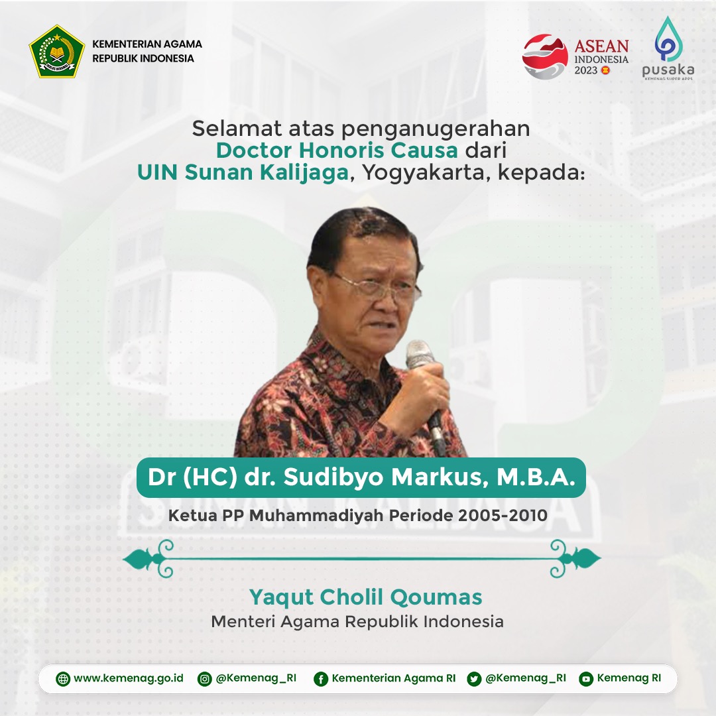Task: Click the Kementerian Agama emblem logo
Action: [x=57, y=51]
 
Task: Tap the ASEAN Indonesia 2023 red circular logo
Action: [x=545, y=57]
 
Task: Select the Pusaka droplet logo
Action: [x=667, y=40]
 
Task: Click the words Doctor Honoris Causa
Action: [x=337, y=150]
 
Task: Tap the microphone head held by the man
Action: [x=419, y=354]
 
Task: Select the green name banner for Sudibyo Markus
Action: [x=361, y=478]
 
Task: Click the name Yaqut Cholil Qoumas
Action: [x=365, y=597]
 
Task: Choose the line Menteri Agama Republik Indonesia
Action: [x=357, y=622]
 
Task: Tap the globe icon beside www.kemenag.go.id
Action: [x=63, y=679]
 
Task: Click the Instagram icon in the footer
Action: [x=206, y=679]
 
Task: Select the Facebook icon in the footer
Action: [x=321, y=679]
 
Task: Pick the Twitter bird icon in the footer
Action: [x=474, y=679]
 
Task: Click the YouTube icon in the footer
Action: [x=585, y=679]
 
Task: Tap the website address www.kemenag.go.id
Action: [x=128, y=679]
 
